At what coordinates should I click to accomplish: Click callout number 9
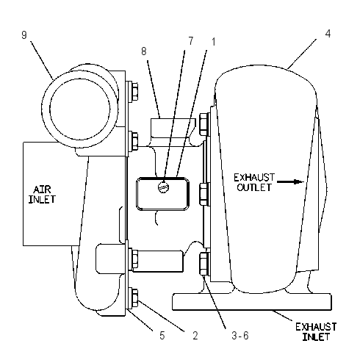click(x=24, y=35)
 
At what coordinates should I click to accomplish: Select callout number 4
click(x=328, y=34)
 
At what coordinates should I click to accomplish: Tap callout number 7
click(x=191, y=41)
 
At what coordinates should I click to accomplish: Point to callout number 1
click(x=214, y=42)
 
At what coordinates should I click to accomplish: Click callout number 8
click(x=144, y=51)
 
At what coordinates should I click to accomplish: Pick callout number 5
click(x=162, y=335)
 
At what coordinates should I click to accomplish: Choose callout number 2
click(x=195, y=335)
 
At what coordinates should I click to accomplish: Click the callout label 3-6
click(x=240, y=336)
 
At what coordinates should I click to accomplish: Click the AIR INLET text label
click(x=42, y=195)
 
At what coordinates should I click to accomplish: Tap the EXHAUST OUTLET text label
click(x=254, y=182)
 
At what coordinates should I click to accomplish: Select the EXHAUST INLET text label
click(x=316, y=332)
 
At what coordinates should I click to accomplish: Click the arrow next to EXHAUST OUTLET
click(x=291, y=181)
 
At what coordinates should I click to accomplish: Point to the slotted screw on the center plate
click(x=163, y=187)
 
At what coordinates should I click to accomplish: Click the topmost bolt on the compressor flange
click(x=134, y=91)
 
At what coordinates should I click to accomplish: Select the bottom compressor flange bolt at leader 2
click(x=134, y=298)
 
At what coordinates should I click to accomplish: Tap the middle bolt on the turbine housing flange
click(x=204, y=194)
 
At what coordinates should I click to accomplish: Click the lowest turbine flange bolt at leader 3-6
click(x=204, y=264)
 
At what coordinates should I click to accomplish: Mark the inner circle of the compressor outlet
click(x=80, y=109)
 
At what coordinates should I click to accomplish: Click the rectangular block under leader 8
click(x=173, y=128)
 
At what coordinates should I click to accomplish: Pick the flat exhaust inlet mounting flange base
click(x=252, y=301)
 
